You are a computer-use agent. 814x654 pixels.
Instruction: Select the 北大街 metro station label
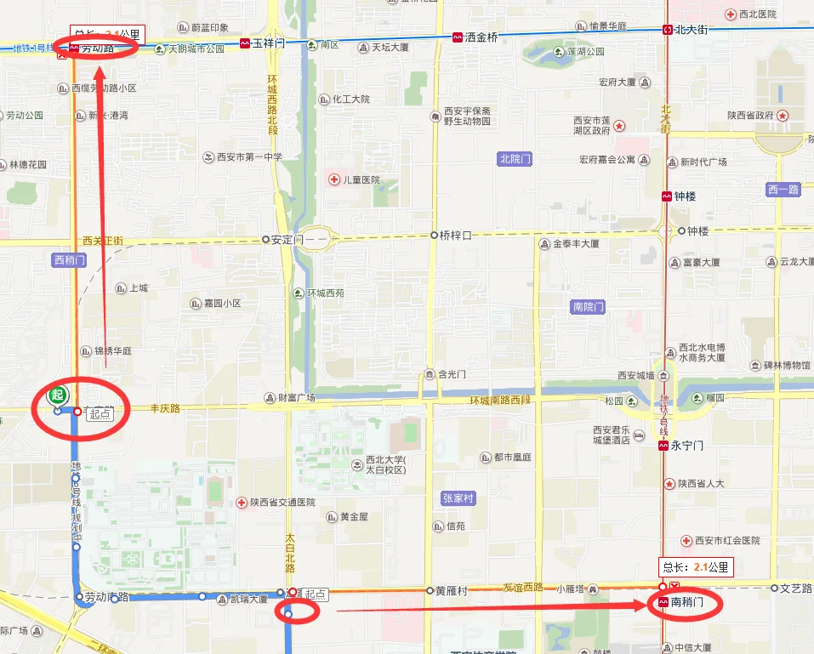click(692, 30)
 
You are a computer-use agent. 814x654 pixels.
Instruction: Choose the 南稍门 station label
click(687, 602)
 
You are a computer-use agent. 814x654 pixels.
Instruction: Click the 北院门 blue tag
click(515, 158)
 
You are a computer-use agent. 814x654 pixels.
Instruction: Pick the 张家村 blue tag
click(458, 498)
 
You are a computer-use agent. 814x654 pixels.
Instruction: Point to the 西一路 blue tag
click(783, 190)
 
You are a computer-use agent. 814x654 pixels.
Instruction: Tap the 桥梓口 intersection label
click(454, 235)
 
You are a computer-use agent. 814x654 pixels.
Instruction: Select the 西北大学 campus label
click(386, 465)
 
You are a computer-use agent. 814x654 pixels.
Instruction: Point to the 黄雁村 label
click(452, 589)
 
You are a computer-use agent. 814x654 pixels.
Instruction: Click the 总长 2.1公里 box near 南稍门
click(696, 567)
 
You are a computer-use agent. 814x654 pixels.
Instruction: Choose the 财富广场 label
click(296, 397)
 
